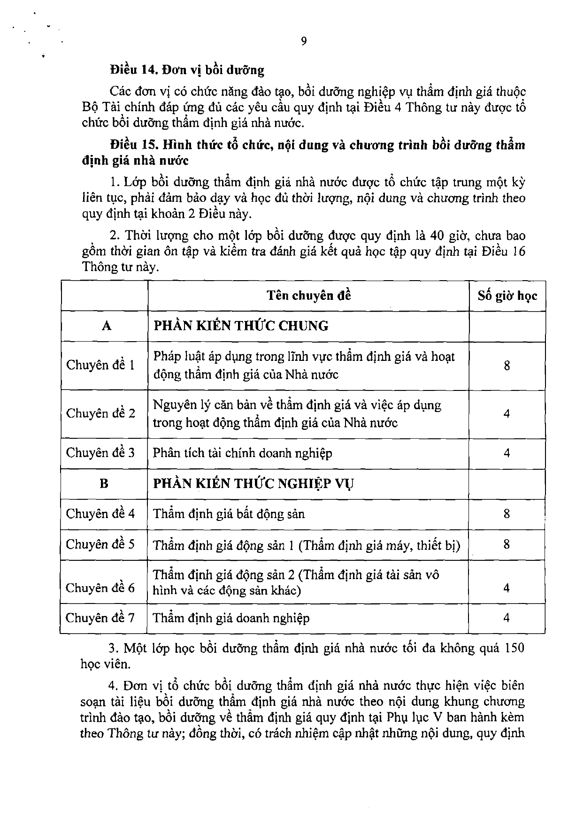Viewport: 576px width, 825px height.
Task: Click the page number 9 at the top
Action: (303, 41)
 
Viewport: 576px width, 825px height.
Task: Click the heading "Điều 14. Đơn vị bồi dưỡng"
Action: (187, 70)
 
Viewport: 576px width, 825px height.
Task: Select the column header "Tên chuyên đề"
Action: (308, 296)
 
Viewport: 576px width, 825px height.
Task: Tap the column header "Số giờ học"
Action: (507, 296)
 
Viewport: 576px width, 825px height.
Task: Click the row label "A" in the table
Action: (107, 326)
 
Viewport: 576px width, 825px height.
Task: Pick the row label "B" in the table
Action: (104, 483)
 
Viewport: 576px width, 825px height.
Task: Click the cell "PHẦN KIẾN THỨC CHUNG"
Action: (241, 326)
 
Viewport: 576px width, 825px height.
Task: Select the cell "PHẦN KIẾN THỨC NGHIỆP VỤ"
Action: (253, 483)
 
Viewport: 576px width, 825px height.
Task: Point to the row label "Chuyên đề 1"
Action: (100, 365)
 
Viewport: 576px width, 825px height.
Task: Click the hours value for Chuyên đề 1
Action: (507, 366)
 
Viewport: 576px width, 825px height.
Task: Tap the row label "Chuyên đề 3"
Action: (100, 453)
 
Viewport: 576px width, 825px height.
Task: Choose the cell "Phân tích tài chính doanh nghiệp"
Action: (242, 453)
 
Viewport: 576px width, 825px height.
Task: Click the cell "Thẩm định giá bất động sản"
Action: (229, 514)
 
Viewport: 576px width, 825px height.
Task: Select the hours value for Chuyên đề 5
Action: (507, 544)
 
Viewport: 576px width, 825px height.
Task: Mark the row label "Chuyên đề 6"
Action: (100, 588)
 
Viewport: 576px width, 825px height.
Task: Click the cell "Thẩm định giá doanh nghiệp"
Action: (231, 618)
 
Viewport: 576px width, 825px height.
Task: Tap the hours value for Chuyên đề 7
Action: (507, 618)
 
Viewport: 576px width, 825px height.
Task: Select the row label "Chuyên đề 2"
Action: (100, 413)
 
